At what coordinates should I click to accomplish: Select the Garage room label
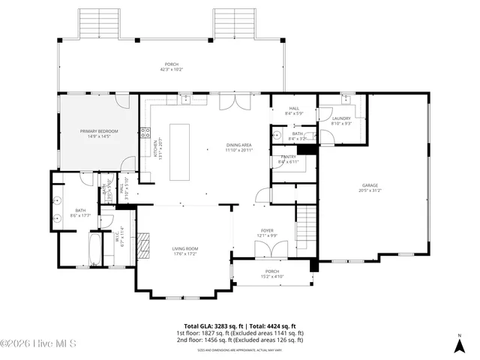click(370, 185)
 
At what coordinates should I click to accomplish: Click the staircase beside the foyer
click(307, 225)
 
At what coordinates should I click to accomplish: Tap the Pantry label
click(288, 157)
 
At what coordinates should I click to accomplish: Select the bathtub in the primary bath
click(94, 250)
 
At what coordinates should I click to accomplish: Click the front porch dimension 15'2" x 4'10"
click(271, 277)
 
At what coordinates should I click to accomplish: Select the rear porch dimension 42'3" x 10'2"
click(172, 70)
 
